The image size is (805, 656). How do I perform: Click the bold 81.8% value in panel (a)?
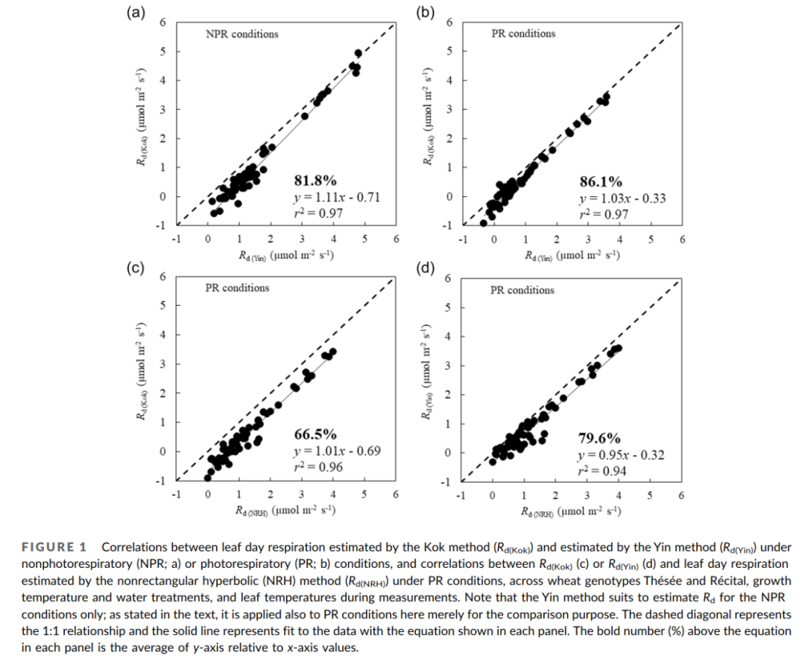(316, 180)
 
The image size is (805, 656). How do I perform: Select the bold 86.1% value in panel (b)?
(601, 181)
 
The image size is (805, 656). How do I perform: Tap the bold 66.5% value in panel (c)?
(316, 434)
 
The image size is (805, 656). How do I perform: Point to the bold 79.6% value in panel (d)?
(599, 438)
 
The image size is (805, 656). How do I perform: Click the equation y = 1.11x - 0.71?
(338, 198)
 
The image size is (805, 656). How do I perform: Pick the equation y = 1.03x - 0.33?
(622, 199)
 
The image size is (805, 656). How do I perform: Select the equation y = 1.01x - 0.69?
(338, 452)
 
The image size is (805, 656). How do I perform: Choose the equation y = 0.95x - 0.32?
(621, 454)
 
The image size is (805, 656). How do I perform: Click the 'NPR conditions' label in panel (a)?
(241, 34)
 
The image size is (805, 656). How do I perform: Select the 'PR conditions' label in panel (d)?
(523, 290)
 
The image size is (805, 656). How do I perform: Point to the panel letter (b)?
(425, 13)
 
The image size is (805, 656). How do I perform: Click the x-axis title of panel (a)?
(285, 255)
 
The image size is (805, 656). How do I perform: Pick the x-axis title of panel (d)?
(571, 511)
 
